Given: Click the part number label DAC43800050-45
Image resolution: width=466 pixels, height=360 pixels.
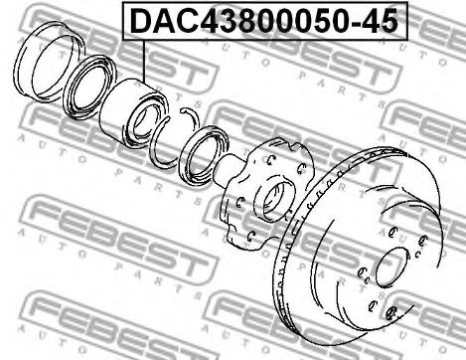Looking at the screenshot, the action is click(264, 21).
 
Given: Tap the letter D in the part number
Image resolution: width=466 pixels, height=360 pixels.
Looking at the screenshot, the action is click(141, 21).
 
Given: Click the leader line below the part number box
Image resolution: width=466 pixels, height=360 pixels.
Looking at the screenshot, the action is click(144, 62).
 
